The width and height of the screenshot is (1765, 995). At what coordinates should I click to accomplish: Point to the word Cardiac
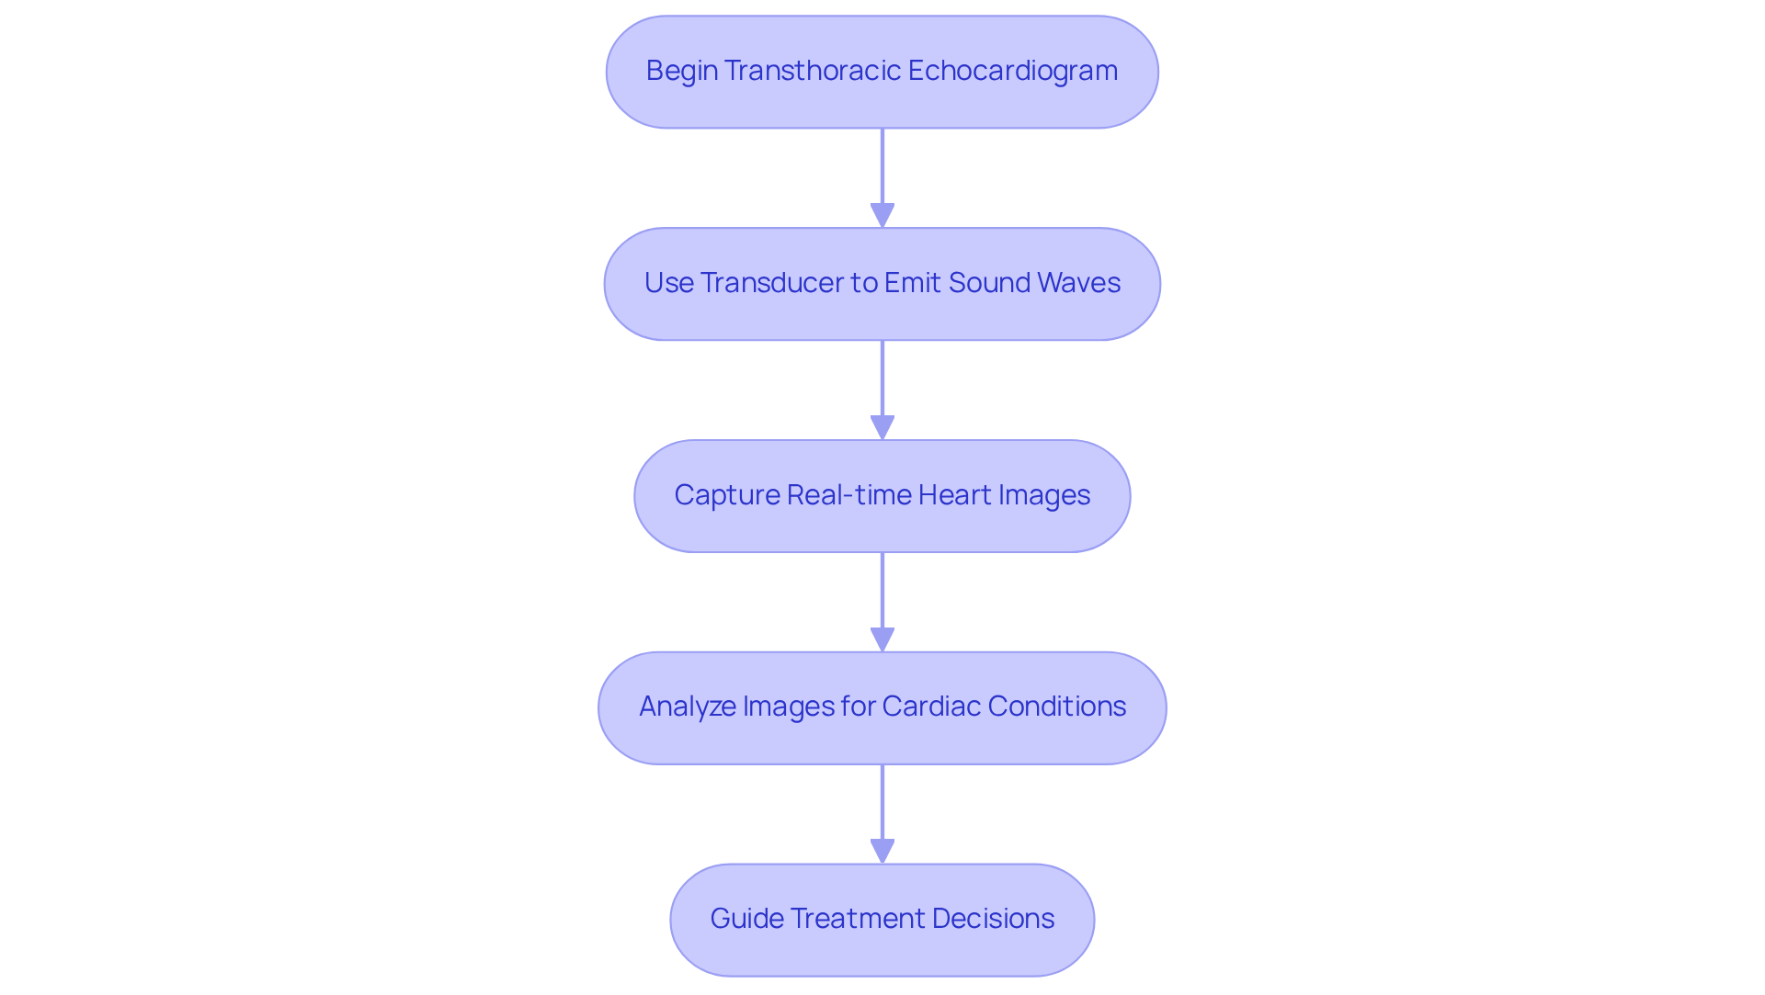click(930, 707)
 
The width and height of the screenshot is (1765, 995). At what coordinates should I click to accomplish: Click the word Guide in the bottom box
click(746, 919)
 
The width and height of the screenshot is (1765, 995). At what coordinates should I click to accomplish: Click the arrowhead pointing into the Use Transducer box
click(882, 216)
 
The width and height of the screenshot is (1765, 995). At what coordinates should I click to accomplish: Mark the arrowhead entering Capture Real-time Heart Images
click(882, 428)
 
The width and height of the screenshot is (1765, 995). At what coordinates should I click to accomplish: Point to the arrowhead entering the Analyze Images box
click(882, 640)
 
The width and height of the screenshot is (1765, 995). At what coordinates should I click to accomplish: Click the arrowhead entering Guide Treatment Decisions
click(882, 852)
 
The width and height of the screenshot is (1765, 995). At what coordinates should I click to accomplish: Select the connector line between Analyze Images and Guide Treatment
click(882, 799)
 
